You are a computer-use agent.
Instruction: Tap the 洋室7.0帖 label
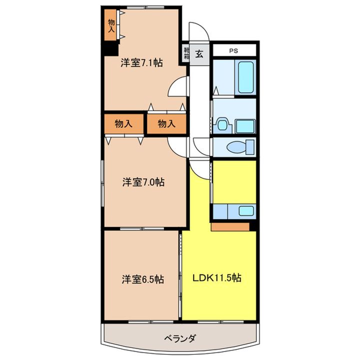143,182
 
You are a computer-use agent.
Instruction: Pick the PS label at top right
234,50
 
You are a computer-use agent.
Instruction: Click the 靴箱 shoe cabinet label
186,53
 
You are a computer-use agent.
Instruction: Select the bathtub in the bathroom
246,76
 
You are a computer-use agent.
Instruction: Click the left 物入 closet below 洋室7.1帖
123,123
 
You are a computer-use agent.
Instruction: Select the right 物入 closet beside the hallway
165,123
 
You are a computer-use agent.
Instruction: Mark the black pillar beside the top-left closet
110,48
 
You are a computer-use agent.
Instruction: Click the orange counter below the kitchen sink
230,226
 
